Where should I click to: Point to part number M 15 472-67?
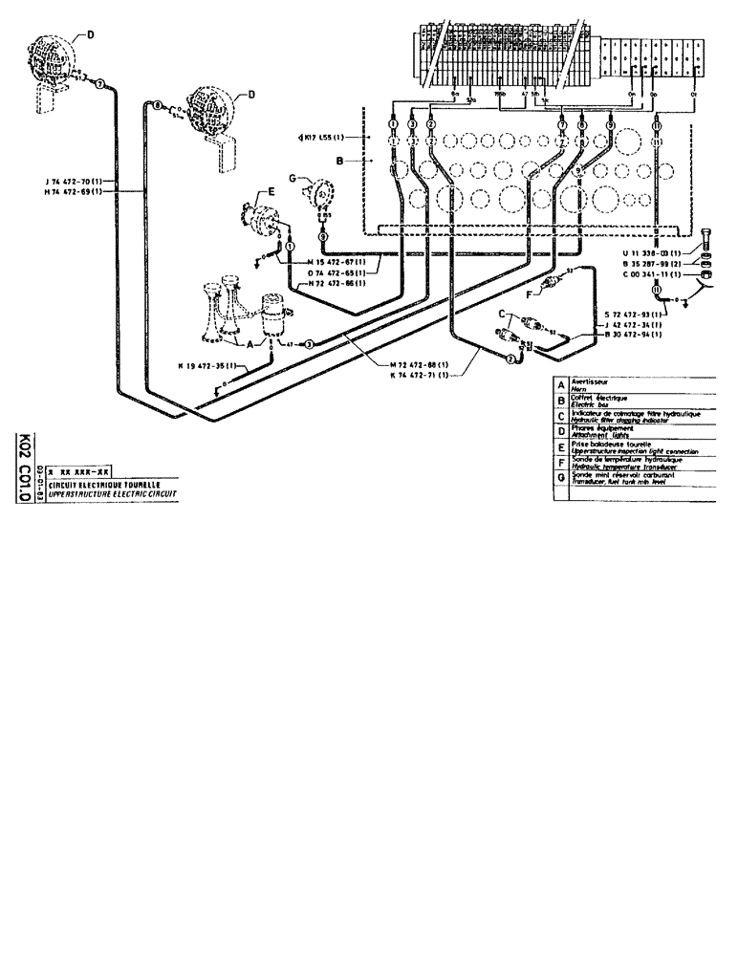click(x=340, y=262)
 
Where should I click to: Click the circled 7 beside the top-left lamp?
click(x=98, y=85)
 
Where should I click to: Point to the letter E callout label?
click(x=271, y=192)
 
